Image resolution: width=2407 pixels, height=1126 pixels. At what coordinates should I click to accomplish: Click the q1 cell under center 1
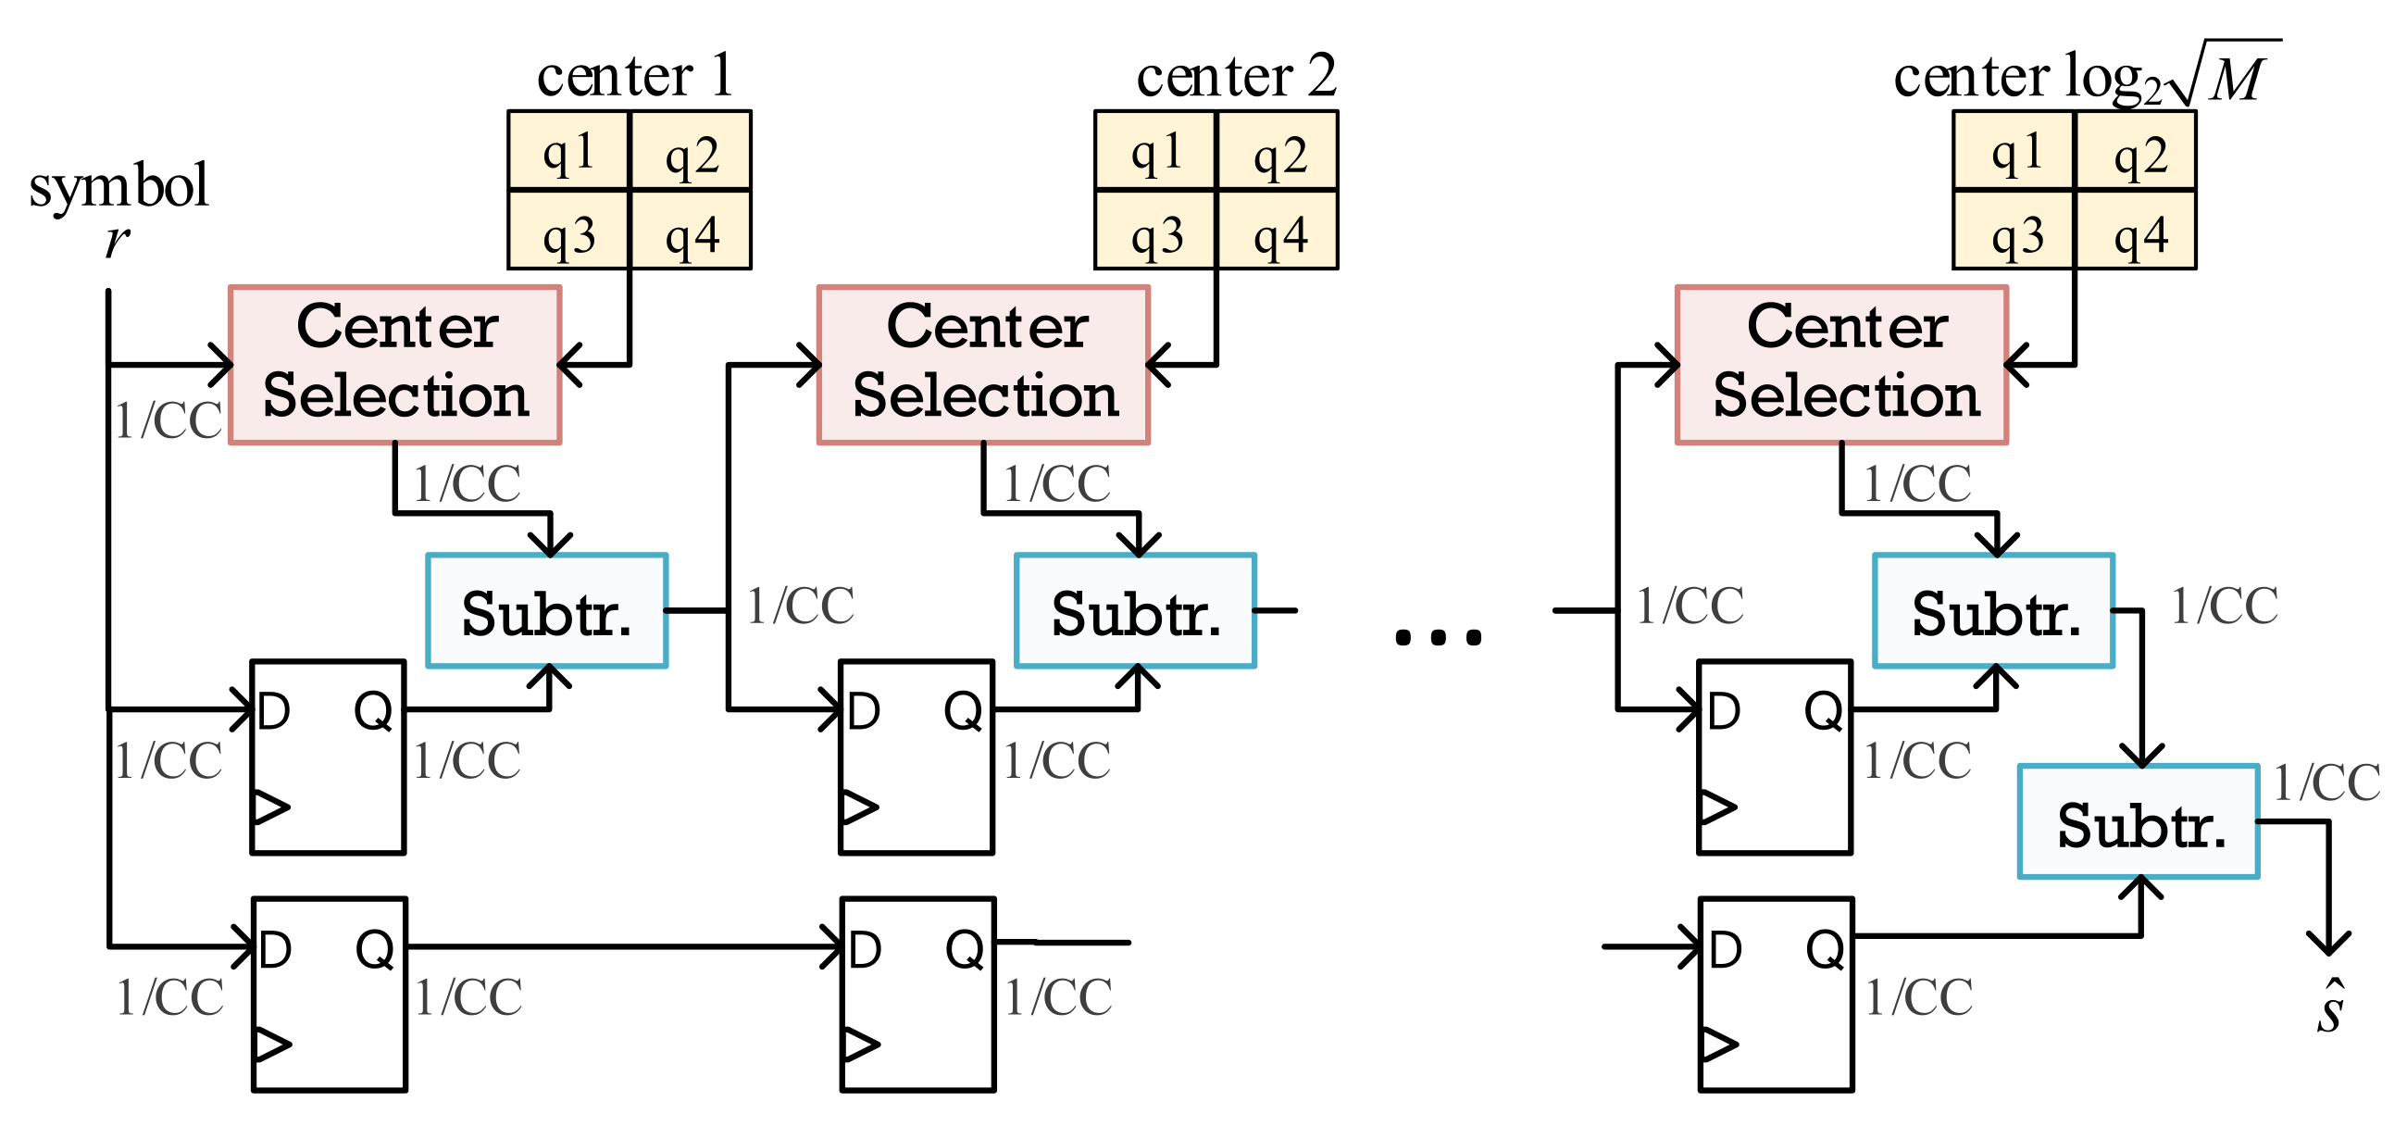point(568,151)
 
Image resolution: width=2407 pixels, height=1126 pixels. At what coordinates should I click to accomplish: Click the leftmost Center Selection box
point(395,364)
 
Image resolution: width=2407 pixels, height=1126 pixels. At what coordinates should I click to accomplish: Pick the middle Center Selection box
point(984,364)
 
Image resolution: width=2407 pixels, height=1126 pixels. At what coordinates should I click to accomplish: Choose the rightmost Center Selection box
point(1841,364)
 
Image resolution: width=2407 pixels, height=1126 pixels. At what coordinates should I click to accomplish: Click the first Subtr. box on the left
point(546,612)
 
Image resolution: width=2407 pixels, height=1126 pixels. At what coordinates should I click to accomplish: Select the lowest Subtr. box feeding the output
point(2139,823)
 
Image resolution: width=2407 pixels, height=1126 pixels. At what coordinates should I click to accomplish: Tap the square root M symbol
point(2228,75)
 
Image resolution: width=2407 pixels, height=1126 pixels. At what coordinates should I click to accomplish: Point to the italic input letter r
point(116,240)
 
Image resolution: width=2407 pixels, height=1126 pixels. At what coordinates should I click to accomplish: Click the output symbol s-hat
point(2329,1008)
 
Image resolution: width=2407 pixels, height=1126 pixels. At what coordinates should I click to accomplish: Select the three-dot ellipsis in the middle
point(1438,638)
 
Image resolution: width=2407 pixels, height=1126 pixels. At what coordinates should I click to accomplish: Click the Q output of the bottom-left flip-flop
point(375,949)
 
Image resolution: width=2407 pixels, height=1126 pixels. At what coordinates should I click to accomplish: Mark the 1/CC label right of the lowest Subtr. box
point(2326,783)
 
